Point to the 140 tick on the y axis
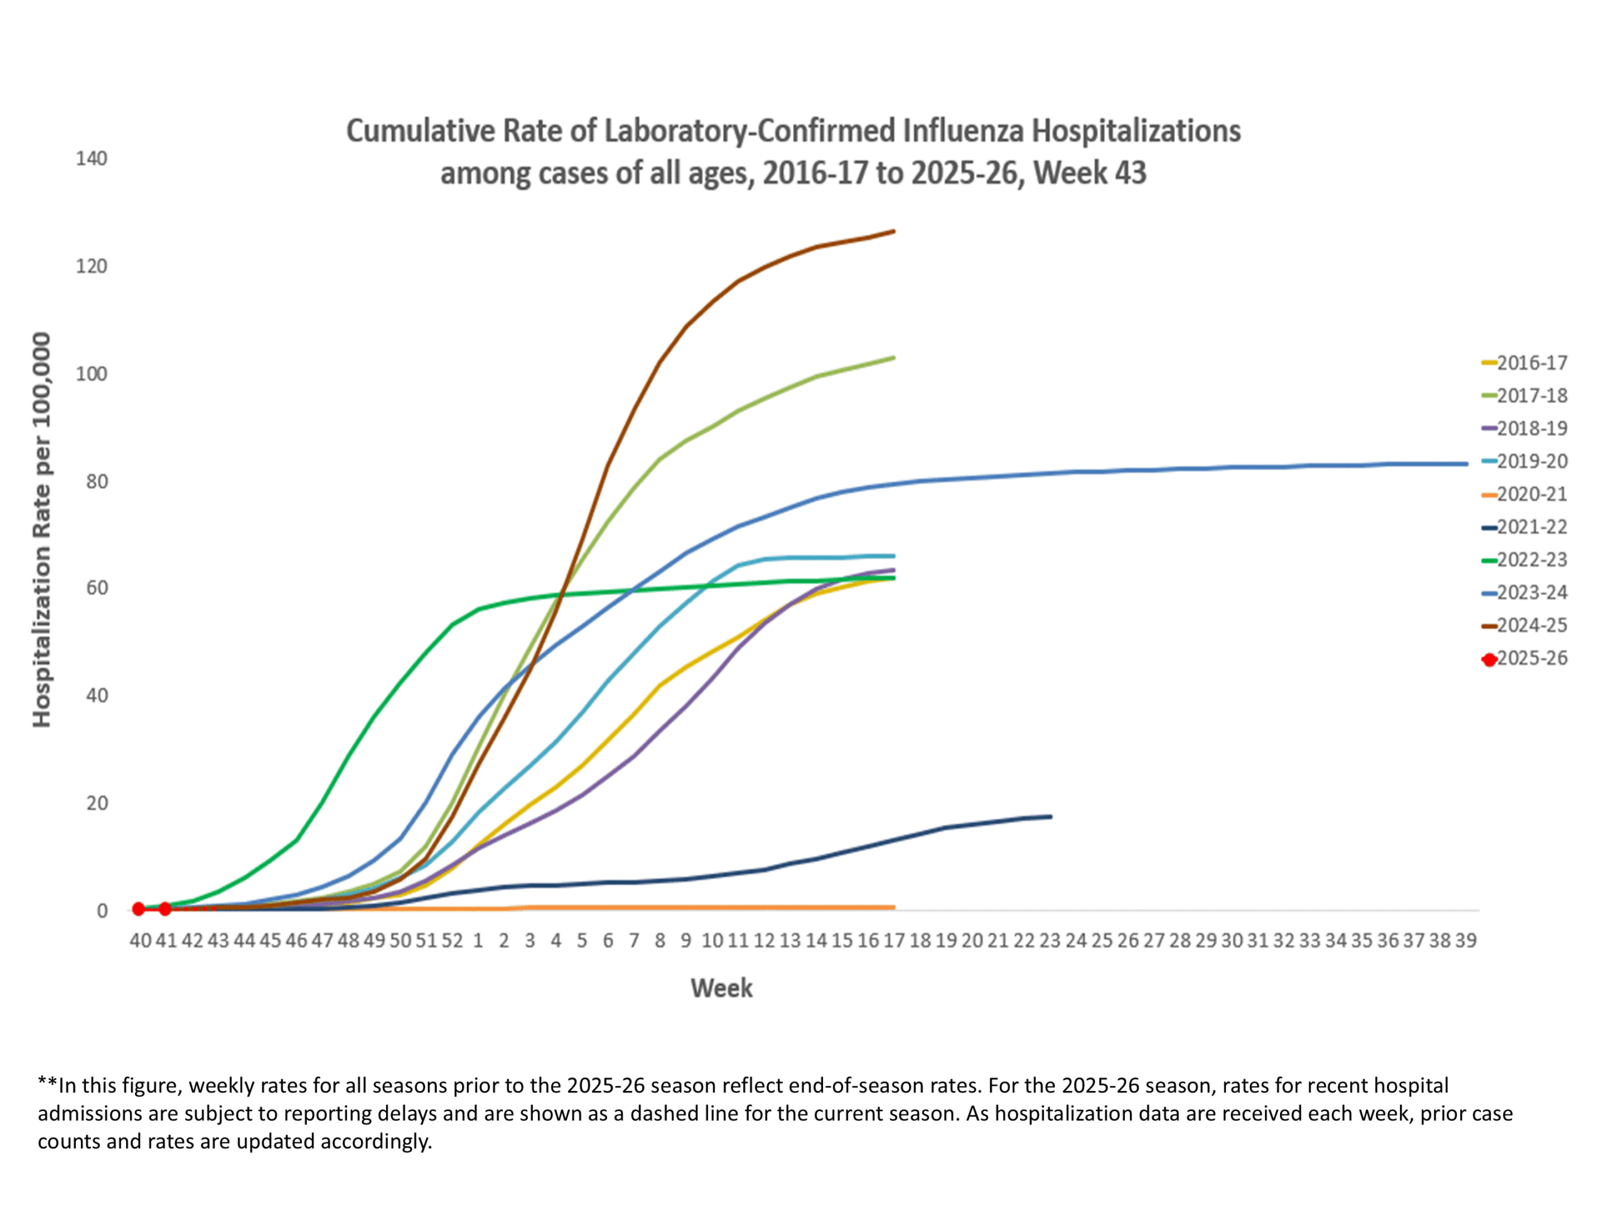[92, 158]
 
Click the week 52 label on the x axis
[452, 941]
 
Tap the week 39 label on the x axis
[1465, 941]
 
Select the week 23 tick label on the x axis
[1050, 941]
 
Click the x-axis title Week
[721, 989]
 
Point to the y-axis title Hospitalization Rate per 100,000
[42, 530]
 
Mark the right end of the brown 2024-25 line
[894, 231]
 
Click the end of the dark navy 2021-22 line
[1050, 817]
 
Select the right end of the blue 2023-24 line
[1466, 464]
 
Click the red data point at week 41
[166, 909]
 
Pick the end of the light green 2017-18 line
[894, 357]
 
